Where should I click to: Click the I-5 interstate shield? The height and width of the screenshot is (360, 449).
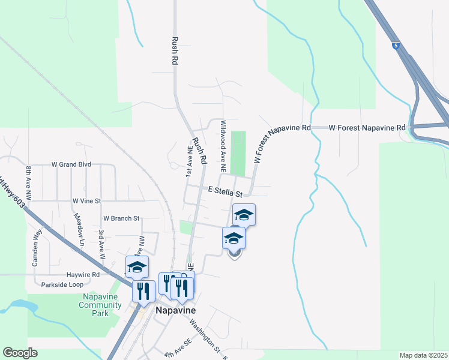coord(396,45)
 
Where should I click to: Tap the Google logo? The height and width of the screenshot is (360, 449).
coord(20,353)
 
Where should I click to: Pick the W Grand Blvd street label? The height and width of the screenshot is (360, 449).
coord(71,164)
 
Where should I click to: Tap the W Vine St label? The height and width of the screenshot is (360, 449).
coord(86,200)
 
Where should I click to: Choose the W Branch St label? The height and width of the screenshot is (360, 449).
coord(121,218)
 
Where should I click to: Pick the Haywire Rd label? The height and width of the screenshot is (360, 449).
coord(89,274)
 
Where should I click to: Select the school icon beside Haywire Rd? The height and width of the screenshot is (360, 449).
coord(137,267)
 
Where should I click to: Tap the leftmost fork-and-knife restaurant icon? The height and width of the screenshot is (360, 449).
coord(143,291)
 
